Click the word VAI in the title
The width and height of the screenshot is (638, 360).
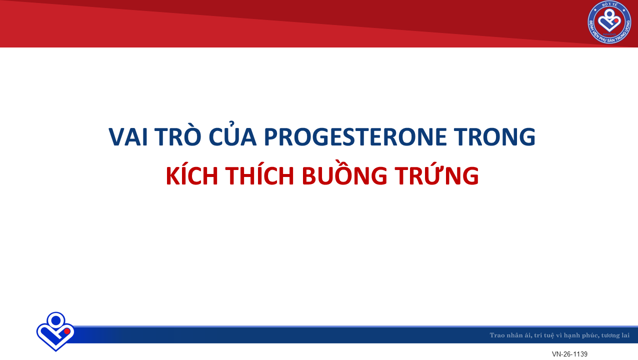click(128, 137)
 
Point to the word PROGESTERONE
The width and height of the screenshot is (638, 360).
click(355, 137)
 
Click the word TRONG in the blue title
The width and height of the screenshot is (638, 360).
click(494, 137)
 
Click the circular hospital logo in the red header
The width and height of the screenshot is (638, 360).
click(609, 22)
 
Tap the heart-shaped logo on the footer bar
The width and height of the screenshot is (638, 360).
click(55, 331)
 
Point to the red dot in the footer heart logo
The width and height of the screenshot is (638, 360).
click(67, 331)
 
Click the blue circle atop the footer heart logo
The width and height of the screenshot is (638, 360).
click(56, 320)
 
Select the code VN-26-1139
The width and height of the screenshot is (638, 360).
click(569, 354)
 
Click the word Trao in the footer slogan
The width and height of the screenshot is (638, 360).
click(497, 335)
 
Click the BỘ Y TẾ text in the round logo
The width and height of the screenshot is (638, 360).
click(609, 5)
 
